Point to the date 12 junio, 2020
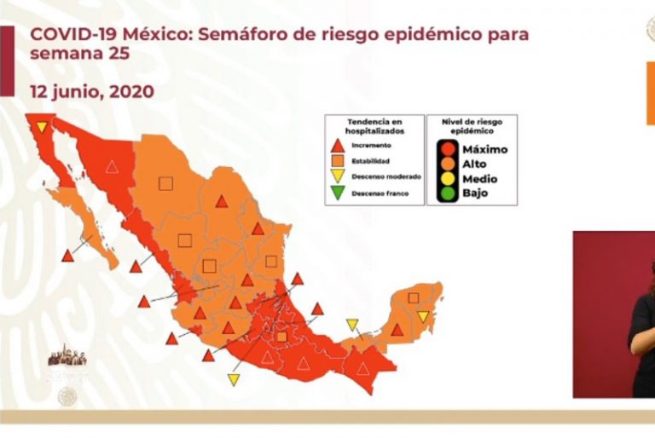[92, 90]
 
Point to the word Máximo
[484, 149]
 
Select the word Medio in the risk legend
[479, 179]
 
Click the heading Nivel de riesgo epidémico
[472, 127]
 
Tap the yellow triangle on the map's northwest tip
[41, 127]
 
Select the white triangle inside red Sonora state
[111, 167]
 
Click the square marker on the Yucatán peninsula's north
[414, 297]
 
